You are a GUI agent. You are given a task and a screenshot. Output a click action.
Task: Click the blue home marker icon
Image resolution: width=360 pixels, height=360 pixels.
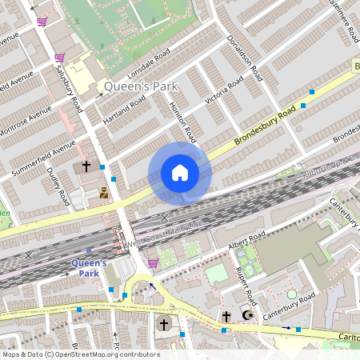pos(180,173)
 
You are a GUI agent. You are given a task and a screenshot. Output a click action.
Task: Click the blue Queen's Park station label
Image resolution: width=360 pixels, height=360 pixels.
pos(89,267)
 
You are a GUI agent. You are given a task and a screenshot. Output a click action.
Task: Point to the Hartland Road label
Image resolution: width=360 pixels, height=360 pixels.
pos(124,110)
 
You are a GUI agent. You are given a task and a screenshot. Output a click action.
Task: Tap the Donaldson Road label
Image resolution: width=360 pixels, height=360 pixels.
pos(244,57)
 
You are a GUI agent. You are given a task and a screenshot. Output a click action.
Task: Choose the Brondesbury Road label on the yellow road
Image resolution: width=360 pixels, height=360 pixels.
pos(266,126)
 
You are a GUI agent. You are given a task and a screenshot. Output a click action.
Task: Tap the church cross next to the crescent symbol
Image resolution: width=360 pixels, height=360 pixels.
pos(226,317)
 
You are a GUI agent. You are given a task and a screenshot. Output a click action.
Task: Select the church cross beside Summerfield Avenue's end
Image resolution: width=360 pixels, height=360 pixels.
pos(86,167)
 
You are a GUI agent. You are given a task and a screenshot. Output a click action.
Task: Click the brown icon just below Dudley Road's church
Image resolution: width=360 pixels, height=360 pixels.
pos(103,192)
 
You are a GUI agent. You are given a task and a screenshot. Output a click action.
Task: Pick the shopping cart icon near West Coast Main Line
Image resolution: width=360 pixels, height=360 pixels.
pos(152,262)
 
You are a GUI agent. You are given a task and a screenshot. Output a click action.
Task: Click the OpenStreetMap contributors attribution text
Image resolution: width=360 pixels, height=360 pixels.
pos(80,354)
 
